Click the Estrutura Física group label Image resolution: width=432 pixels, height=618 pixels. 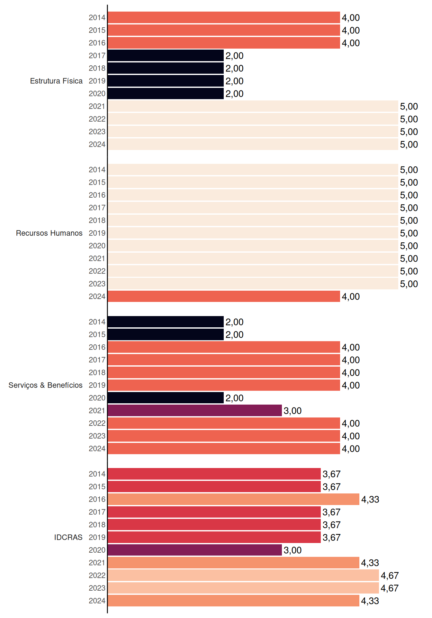[56, 81]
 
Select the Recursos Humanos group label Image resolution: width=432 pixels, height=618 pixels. [49, 233]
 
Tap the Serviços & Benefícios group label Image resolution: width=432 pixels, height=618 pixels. [45, 385]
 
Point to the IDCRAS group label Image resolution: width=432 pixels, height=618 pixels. [68, 537]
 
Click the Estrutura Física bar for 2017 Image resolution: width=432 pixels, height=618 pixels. [166, 56]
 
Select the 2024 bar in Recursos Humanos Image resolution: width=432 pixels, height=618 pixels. [224, 296]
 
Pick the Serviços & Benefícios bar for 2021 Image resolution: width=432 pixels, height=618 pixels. [195, 410]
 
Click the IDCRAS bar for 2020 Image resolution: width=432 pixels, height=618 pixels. [195, 550]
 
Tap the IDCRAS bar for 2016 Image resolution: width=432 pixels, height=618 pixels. [233, 499]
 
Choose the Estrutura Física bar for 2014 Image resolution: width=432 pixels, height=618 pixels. [224, 17]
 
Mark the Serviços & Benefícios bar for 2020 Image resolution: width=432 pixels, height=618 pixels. [166, 398]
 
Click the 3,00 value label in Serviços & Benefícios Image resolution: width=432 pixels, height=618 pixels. [292, 411]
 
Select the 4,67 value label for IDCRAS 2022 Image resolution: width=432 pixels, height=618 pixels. [390, 576]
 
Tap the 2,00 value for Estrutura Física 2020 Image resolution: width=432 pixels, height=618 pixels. [234, 94]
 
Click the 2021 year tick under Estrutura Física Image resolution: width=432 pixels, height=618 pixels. [97, 106]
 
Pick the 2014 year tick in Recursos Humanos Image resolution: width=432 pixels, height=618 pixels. [97, 170]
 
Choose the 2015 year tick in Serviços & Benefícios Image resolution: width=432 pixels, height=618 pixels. [97, 334]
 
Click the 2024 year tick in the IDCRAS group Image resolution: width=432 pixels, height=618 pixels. [97, 601]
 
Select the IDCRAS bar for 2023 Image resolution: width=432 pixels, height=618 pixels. [243, 588]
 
